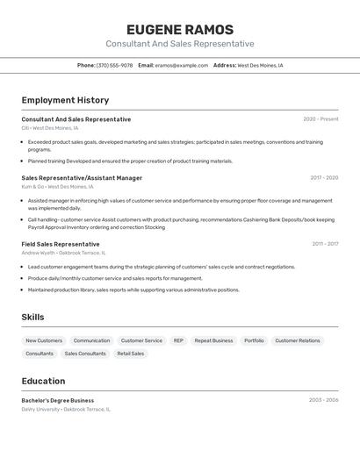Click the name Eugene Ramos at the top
(x=180, y=29)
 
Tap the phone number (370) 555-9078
(x=115, y=65)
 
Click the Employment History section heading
(x=65, y=100)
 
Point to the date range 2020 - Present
(x=320, y=119)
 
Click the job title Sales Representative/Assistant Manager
(x=82, y=178)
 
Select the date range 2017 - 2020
(x=324, y=178)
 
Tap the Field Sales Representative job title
(x=61, y=244)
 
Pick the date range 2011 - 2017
(x=325, y=244)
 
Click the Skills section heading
(x=32, y=317)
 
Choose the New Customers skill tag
(x=44, y=340)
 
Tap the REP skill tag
(x=178, y=340)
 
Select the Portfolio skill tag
(x=254, y=340)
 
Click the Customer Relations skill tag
(x=298, y=340)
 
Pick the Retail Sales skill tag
(x=131, y=354)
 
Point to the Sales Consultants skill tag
(x=85, y=354)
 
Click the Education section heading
(x=43, y=381)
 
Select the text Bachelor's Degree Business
(x=58, y=400)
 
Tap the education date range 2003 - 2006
(x=323, y=400)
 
